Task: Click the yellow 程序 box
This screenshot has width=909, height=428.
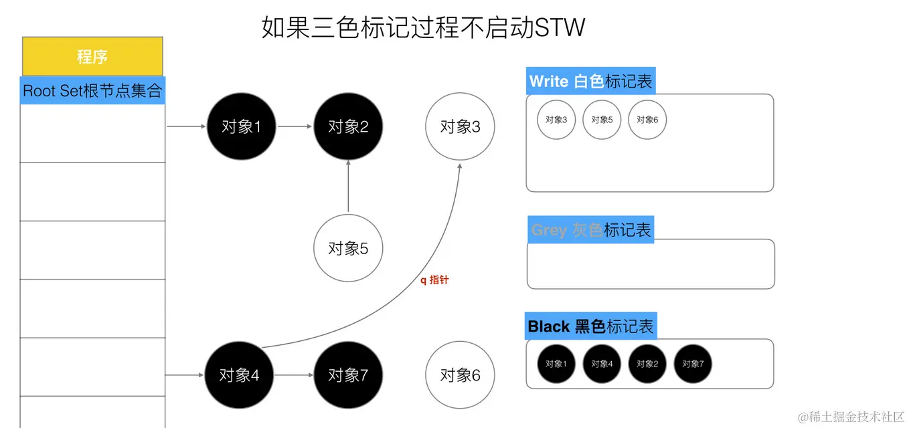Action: coord(92,57)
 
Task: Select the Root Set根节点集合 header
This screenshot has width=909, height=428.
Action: coord(92,91)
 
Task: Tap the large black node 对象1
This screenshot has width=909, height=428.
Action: coord(241,126)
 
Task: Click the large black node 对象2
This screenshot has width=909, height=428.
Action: coord(348,126)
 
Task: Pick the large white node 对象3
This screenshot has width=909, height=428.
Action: coord(460,126)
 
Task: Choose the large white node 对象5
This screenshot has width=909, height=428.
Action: coord(348,248)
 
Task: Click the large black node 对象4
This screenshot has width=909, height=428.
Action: coord(239,375)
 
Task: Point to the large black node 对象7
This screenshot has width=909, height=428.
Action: coord(348,375)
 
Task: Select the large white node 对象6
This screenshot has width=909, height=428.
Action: coord(460,375)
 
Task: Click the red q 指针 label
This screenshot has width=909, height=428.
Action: coord(434,280)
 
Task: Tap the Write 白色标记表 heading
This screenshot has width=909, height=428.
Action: coord(590,82)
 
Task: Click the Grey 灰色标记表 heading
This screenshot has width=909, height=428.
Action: coord(590,230)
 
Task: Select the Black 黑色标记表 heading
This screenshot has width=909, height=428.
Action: coord(590,326)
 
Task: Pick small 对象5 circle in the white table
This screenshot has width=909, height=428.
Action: coord(602,120)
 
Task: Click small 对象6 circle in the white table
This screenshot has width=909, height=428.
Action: coord(647,120)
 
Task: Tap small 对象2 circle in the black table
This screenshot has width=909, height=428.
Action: coord(647,364)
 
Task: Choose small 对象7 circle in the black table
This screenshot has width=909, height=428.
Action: coord(693,364)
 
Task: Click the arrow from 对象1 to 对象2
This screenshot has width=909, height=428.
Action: coord(295,126)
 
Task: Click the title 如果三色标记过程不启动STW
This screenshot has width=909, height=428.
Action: coord(423,28)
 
